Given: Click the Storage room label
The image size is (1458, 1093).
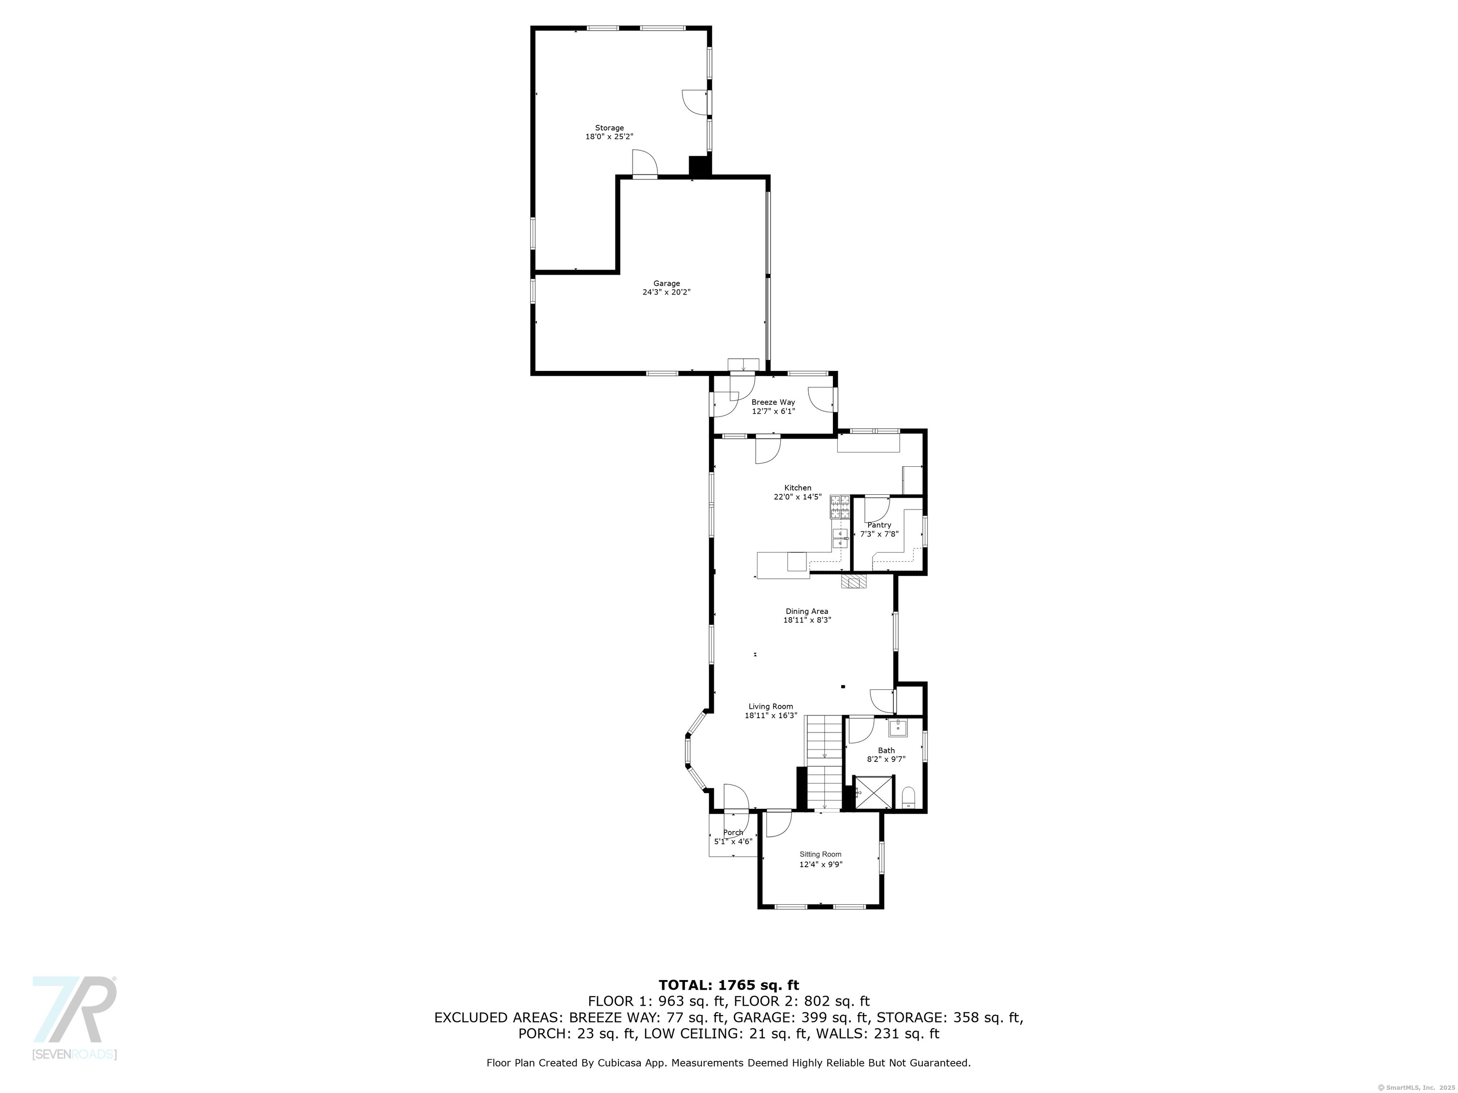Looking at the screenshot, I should [x=609, y=128].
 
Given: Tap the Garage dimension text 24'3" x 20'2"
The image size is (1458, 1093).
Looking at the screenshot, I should [x=666, y=292].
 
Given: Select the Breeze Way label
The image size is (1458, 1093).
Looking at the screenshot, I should [x=773, y=402].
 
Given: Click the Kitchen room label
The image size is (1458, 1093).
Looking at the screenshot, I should [x=797, y=488].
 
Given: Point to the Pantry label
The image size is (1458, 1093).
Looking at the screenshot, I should [x=879, y=525].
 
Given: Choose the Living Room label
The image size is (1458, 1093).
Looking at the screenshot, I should [x=770, y=706].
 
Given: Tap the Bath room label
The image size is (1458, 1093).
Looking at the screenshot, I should [x=887, y=750].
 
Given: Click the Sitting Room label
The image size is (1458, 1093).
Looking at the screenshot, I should [x=821, y=854].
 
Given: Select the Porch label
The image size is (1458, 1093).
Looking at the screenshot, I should [x=733, y=833].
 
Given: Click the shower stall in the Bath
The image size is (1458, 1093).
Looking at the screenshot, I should [x=875, y=793].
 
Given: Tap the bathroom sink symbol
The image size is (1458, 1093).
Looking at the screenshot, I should [x=898, y=728].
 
